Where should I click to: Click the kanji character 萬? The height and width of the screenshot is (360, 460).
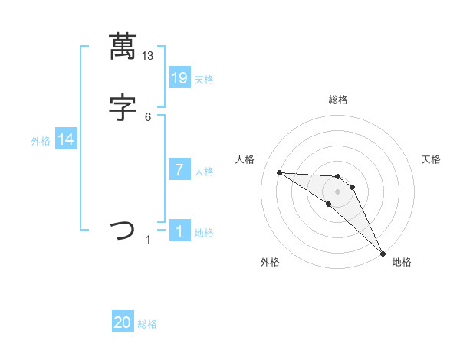[x=123, y=47]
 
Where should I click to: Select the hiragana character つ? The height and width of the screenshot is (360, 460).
[x=123, y=230]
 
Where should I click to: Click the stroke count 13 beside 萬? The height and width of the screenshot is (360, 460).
[x=148, y=56]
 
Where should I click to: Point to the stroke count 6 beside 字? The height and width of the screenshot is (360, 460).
[x=148, y=116]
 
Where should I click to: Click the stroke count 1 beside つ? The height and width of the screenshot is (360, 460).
[x=148, y=240]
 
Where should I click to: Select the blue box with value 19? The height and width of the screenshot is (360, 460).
[x=179, y=77]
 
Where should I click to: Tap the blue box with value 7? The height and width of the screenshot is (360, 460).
[x=179, y=169]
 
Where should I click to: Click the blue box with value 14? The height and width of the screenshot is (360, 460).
[x=66, y=139]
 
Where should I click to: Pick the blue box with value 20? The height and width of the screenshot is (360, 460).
[x=123, y=322]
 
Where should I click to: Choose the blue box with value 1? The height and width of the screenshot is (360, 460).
[x=179, y=231]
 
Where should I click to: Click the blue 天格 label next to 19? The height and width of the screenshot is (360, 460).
[x=204, y=80]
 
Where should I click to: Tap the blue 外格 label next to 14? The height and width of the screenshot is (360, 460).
[x=40, y=141]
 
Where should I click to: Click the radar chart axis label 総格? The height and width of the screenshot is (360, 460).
[x=338, y=100]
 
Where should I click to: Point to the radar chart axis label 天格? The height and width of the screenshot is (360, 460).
[x=431, y=159]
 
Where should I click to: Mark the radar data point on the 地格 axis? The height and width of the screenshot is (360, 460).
[x=383, y=253]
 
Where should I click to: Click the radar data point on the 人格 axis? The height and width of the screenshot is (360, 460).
[x=279, y=172]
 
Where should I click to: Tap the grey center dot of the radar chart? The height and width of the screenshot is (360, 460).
[x=337, y=191]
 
